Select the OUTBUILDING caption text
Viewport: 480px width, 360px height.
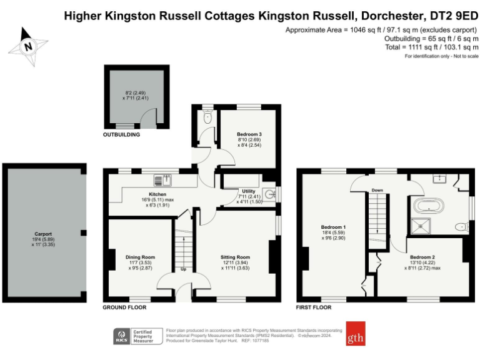coord(121,134)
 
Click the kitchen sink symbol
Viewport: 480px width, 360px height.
coord(162,181)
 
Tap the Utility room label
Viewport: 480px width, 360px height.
coord(245,191)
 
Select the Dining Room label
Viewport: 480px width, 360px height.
coord(140,257)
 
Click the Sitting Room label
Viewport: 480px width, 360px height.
coord(235,257)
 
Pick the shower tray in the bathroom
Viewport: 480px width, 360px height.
coord(422,225)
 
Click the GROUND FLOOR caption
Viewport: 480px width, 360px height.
coord(124,308)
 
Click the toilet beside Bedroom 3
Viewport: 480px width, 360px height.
coord(207,116)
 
